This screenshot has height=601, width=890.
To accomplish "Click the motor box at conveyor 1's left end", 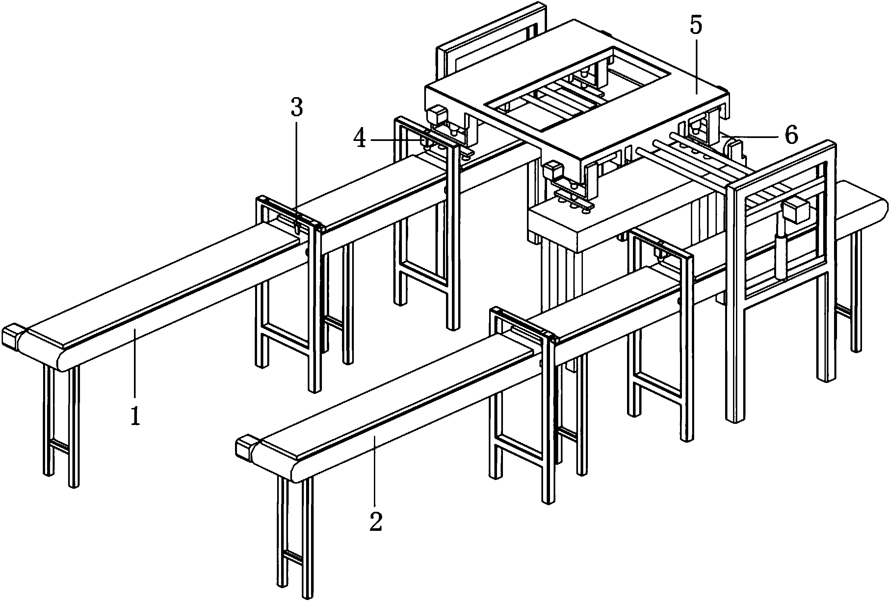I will [10, 338].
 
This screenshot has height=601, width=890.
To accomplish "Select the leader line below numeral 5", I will [696, 65].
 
